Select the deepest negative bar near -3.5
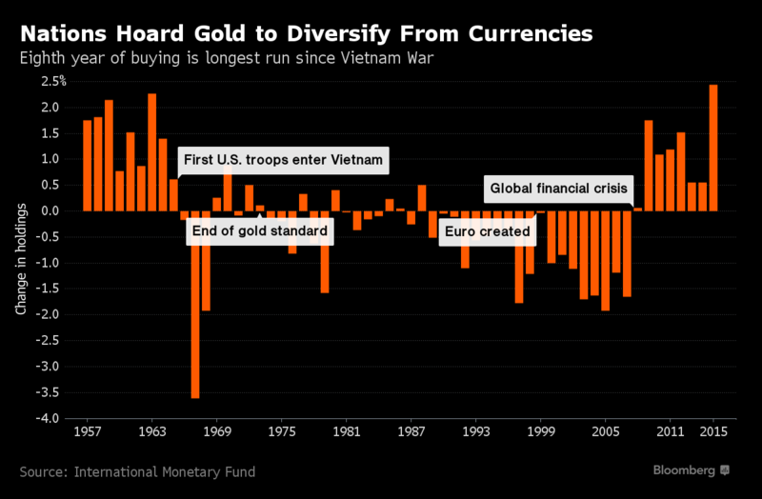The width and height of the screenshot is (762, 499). click(x=195, y=305)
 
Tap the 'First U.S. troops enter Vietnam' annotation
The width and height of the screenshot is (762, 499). click(x=285, y=161)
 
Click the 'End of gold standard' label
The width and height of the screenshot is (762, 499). click(x=256, y=231)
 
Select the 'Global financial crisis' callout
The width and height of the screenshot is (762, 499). click(x=558, y=189)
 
